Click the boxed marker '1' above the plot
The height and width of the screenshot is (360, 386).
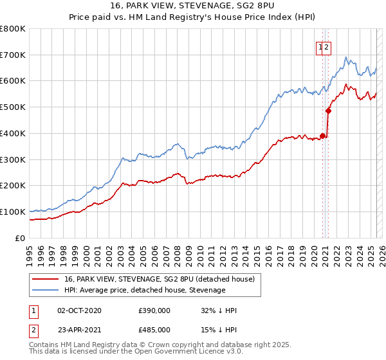click(x=320, y=46)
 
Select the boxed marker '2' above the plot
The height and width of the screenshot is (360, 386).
click(x=327, y=46)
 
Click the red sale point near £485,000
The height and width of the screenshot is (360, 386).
click(x=328, y=111)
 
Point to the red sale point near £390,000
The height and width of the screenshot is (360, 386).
click(x=322, y=136)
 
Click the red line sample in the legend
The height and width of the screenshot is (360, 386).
click(x=45, y=279)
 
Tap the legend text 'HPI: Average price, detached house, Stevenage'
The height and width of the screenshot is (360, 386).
click(x=145, y=290)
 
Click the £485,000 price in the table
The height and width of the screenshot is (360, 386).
click(x=154, y=330)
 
